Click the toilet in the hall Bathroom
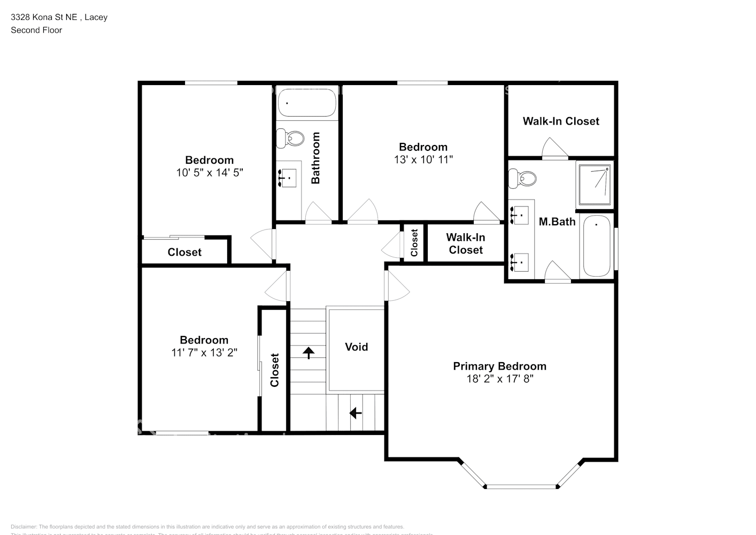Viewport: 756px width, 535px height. tap(289, 139)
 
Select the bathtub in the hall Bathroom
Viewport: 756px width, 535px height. tap(307, 102)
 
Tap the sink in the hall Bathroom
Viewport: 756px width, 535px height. tap(288, 177)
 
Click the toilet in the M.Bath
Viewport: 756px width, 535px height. tap(522, 178)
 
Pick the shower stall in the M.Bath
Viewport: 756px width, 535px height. tap(594, 185)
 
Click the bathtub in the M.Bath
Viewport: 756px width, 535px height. tap(597, 247)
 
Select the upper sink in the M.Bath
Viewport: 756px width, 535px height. tap(520, 215)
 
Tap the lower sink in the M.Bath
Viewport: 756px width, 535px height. tap(520, 262)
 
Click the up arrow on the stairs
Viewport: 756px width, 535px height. tap(308, 352)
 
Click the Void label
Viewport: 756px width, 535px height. tap(356, 347)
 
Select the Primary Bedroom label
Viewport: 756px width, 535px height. tap(499, 366)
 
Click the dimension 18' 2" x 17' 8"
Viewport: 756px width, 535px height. tap(499, 379)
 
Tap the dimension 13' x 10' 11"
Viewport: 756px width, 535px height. tap(423, 159)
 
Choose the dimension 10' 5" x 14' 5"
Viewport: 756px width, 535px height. tap(209, 172)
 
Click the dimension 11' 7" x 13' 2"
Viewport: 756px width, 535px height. tap(204, 353)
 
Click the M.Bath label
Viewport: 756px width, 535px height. tap(557, 221)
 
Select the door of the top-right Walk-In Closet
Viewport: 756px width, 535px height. tap(554, 149)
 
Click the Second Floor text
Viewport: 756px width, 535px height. tap(36, 30)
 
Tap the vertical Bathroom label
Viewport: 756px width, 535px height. tap(315, 158)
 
